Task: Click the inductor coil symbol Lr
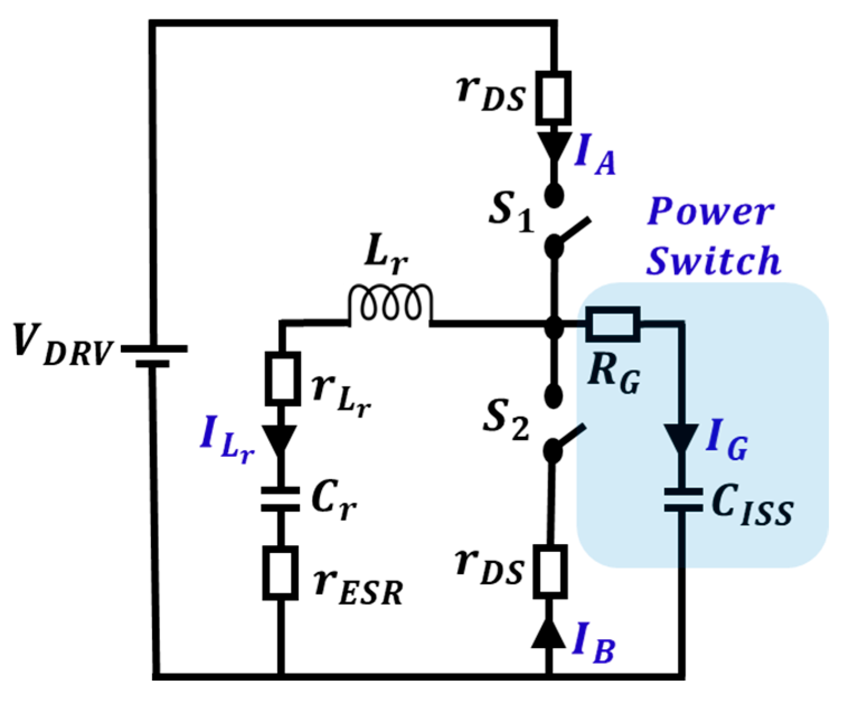[x=390, y=305]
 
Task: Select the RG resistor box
[x=613, y=324]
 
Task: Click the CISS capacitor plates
[x=682, y=499]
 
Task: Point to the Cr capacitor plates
[x=281, y=499]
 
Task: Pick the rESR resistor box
[x=281, y=573]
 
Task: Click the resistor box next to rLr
[x=282, y=379]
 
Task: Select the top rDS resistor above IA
[x=554, y=98]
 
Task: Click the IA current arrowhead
[x=554, y=147]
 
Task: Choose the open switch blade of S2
[x=568, y=438]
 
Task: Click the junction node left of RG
[x=554, y=324]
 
